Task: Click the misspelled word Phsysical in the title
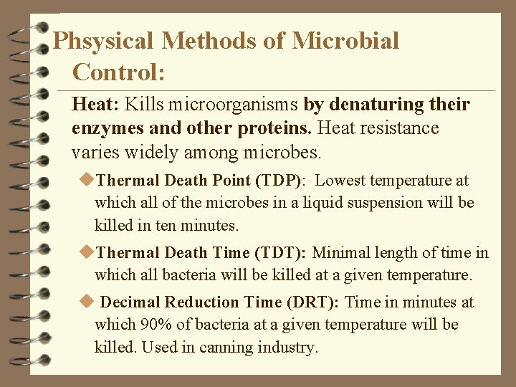(x=103, y=41)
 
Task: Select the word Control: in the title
(x=120, y=72)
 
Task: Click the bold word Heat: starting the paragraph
(x=96, y=105)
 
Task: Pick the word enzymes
(x=102, y=128)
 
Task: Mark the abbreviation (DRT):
(x=309, y=302)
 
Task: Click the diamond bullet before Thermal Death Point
(x=89, y=180)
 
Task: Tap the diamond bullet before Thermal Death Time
(x=89, y=252)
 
